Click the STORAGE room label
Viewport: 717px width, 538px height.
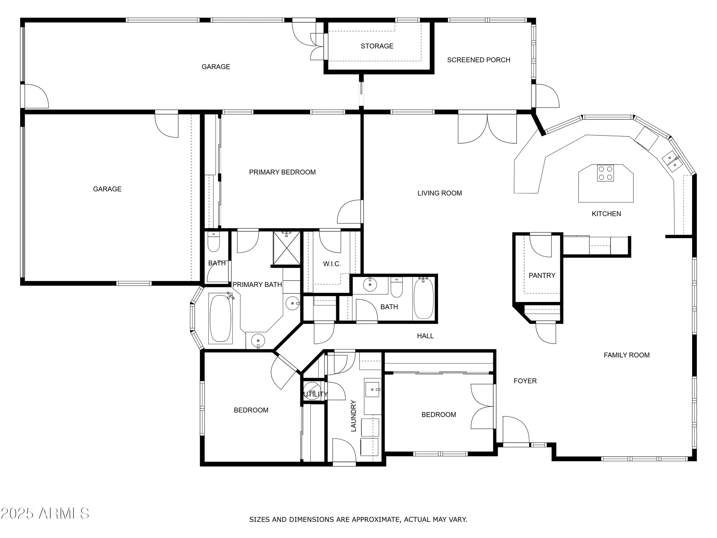click(377, 46)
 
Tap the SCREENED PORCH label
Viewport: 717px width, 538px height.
click(479, 60)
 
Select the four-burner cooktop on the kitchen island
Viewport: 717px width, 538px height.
click(605, 173)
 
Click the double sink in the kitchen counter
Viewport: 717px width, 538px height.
click(672, 161)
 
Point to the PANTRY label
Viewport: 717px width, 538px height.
click(542, 275)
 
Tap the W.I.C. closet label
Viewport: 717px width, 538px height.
click(332, 264)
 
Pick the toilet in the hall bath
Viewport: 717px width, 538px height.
click(396, 288)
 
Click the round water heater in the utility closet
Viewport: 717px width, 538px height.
click(312, 389)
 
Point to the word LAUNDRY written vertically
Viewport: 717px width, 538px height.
click(353, 416)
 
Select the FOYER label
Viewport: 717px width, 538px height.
click(525, 381)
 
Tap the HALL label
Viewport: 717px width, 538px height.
click(425, 336)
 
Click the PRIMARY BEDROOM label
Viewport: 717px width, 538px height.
click(282, 172)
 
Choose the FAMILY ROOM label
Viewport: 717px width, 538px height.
click(626, 355)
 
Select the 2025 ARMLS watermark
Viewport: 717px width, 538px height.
click(45, 514)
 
